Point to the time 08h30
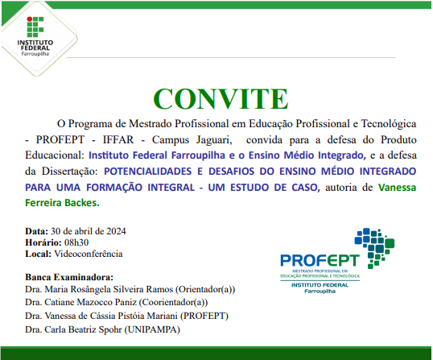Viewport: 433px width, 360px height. tap(77, 242)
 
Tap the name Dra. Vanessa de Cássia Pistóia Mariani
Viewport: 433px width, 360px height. tap(101, 316)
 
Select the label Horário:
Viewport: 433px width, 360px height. tap(43, 242)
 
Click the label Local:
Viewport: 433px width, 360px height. tap(38, 254)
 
